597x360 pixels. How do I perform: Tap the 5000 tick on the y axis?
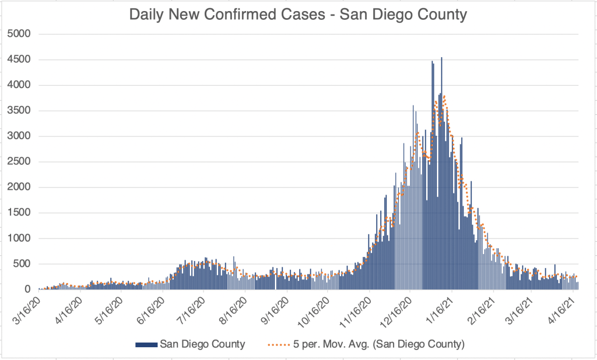(19, 34)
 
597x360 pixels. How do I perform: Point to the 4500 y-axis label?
(19, 59)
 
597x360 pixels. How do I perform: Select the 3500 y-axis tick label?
(19, 111)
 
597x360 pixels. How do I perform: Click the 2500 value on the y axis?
(19, 162)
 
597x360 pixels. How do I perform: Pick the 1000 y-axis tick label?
(19, 238)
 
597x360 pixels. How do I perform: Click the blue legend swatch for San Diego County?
(146, 344)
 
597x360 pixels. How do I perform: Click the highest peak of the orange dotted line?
(444, 96)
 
